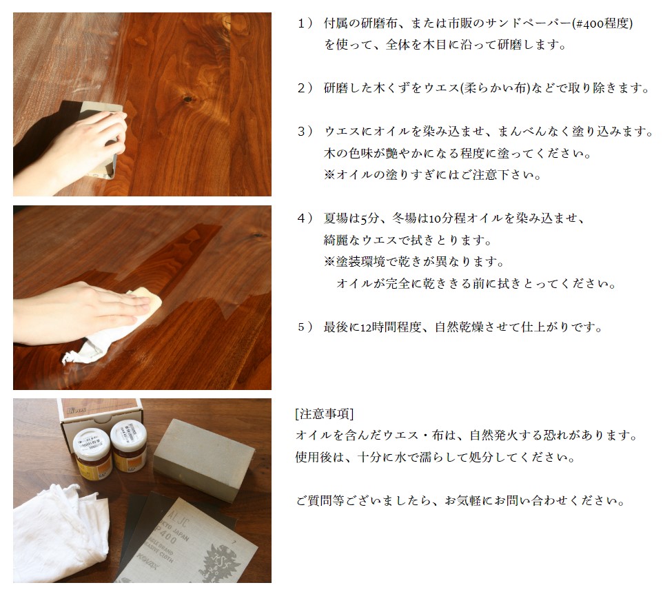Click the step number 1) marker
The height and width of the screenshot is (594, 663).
[x=305, y=23]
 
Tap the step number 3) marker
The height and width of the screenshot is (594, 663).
[x=305, y=131]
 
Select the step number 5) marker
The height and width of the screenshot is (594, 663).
[x=305, y=327]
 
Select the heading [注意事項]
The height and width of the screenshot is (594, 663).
[x=324, y=414]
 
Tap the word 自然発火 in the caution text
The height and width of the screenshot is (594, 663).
[x=493, y=436]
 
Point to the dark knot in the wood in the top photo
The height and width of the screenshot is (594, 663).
[x=186, y=101]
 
